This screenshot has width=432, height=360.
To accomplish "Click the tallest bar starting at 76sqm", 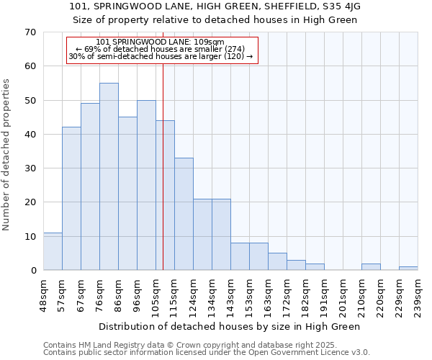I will tap(109, 176).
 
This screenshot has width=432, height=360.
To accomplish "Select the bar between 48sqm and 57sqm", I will tap(53, 251).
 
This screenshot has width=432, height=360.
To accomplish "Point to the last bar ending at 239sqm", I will tap(408, 268).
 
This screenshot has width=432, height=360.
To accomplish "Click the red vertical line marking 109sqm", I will tap(163, 180).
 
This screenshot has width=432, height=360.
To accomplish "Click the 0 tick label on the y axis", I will tap(33, 271).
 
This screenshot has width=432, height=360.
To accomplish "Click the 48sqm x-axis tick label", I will tap(43, 294).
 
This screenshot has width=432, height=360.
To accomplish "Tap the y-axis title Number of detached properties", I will tap(7, 155).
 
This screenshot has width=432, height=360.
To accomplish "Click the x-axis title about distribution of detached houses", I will tap(229, 326).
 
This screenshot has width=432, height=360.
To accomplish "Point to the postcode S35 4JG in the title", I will tap(341, 6).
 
